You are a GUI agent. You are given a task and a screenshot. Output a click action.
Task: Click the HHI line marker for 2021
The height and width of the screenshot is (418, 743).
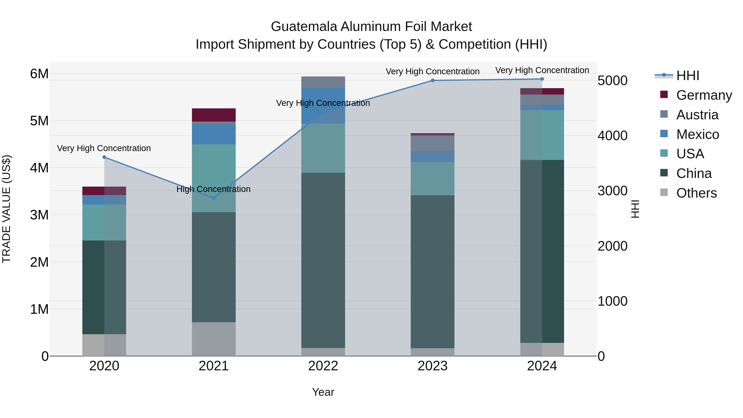tap(214, 198)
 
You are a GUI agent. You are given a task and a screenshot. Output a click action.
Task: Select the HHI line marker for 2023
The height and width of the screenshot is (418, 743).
tap(432, 81)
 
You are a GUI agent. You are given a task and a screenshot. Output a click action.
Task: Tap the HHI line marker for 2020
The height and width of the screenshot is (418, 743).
tap(104, 157)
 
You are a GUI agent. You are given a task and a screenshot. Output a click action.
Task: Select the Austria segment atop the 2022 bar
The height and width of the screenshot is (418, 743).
tap(323, 82)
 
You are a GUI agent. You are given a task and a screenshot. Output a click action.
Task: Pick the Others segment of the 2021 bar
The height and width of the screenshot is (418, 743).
tap(214, 339)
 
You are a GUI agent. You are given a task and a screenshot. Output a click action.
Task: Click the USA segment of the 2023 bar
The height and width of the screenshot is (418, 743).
tap(432, 179)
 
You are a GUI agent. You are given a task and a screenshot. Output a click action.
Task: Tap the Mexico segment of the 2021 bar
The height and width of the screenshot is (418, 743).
tap(214, 134)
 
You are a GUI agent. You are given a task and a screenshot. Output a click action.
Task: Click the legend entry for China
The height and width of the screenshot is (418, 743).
tap(693, 174)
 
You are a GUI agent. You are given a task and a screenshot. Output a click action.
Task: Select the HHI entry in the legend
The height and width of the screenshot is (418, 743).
tap(687, 76)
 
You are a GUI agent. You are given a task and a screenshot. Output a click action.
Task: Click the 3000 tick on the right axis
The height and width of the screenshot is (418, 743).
tap(612, 191)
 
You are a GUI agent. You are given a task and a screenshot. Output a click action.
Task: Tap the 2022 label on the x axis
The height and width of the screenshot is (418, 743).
tap(323, 366)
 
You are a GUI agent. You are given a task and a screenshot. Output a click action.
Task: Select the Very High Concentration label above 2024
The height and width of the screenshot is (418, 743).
tap(542, 70)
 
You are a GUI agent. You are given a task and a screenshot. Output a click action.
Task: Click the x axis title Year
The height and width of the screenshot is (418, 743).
tap(323, 392)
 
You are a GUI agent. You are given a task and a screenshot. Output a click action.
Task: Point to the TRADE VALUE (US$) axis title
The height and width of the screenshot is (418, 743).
tap(6, 209)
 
